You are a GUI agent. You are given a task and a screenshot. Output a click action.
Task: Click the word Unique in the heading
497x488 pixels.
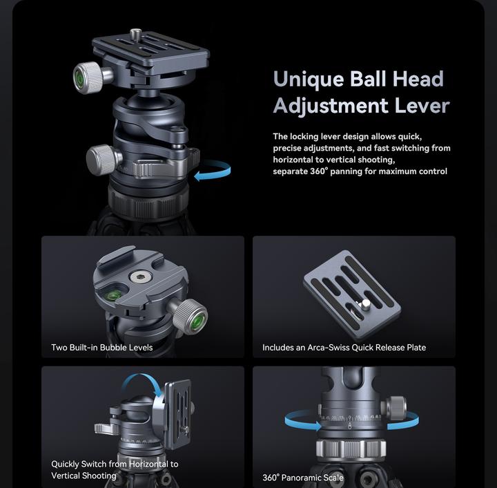pos(307,79)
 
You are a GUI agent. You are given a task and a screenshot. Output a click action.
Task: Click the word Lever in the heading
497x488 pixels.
pos(422,106)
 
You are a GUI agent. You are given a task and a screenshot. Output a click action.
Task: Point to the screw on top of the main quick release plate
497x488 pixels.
pos(135,32)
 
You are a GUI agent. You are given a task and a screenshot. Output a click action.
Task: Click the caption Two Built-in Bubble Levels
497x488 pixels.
pos(101,347)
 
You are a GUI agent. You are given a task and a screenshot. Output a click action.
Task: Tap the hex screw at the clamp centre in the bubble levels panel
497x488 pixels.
pos(142,277)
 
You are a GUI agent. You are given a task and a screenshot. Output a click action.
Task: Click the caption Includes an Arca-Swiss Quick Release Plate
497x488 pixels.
pos(344,347)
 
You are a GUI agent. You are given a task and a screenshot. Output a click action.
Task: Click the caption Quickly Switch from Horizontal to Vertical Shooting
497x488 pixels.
pos(114,469)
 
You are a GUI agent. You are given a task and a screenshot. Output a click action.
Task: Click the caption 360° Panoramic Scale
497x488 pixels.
pos(302,477)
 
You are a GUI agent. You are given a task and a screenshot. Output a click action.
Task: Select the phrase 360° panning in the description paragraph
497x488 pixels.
pos(328,171)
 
